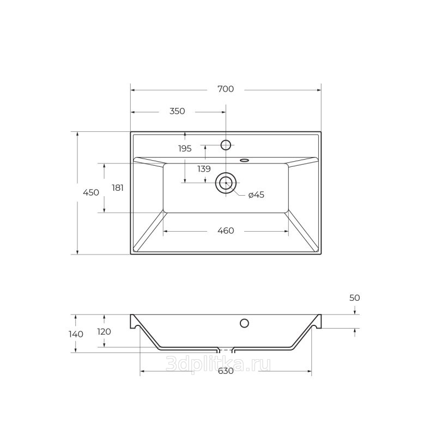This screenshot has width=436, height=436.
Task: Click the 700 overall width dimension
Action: point(226,89)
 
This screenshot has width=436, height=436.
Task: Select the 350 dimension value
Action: point(177,111)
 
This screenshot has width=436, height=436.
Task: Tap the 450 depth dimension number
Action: point(91,192)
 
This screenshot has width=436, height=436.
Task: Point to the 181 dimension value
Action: point(118,188)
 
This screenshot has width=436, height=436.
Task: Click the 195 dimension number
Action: point(185,148)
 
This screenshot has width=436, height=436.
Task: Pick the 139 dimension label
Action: point(204,169)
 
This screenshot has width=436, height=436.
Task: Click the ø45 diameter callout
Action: point(256,195)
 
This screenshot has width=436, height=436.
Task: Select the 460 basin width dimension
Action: point(226,231)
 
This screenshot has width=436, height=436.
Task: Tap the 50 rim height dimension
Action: point(355,298)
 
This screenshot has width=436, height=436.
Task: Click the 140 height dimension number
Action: point(76,334)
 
